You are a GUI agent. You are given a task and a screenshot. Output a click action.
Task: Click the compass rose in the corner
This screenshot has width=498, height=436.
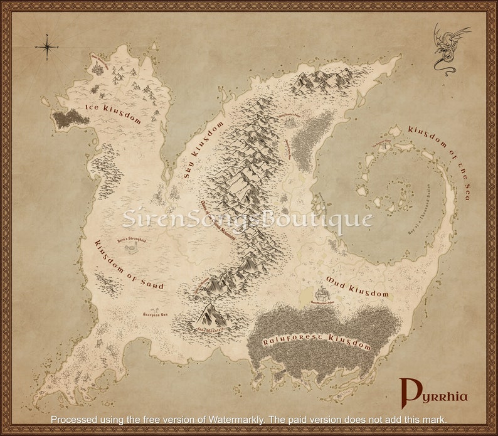tap(47, 46)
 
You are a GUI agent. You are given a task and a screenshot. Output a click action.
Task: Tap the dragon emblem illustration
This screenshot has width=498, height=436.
tap(450, 48)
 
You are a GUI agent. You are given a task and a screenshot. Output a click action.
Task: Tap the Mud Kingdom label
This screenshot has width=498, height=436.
tap(357, 285)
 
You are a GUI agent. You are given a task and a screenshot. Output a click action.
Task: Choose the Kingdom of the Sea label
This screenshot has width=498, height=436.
tap(440, 161)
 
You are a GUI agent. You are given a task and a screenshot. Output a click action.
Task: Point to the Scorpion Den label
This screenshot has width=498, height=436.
tap(155, 315)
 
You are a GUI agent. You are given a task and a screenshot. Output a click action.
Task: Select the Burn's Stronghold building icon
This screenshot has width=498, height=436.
tap(132, 249)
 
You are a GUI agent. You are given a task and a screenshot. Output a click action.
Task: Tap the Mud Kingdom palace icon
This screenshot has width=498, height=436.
tap(321, 292)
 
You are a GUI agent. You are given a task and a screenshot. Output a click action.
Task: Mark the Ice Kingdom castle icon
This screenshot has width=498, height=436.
tap(98, 66)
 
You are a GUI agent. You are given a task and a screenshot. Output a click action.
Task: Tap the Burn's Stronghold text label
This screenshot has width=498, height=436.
tap(132, 240)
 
